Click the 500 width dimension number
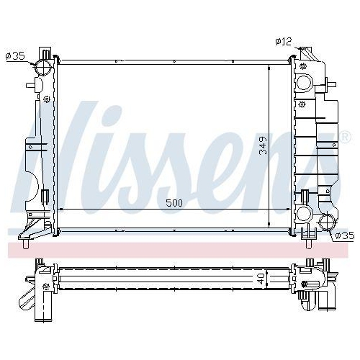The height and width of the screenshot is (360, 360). [x=174, y=203]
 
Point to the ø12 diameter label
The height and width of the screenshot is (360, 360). [x=284, y=41]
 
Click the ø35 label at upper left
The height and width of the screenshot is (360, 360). [x=16, y=54]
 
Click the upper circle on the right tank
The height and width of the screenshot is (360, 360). [x=303, y=81]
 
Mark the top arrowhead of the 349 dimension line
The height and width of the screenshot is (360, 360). [x=269, y=66]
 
